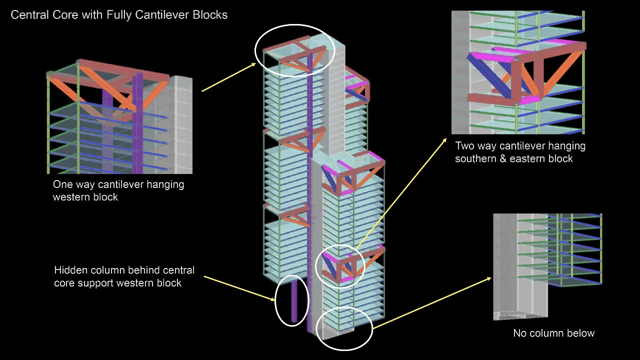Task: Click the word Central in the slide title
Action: [28, 15]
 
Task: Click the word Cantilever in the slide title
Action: [159, 15]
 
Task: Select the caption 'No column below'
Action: [553, 333]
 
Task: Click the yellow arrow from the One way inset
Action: [228, 77]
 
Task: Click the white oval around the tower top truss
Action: [294, 50]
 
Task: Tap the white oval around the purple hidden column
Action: [292, 300]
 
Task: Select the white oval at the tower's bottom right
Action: [344, 328]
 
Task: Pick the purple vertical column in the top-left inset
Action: [138, 125]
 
